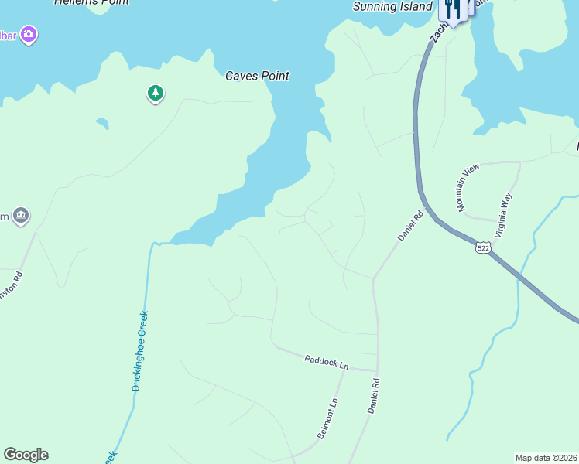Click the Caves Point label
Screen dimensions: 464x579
tap(257, 76)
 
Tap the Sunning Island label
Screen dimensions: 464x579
tap(392, 7)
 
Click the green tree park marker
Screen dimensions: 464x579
tap(156, 94)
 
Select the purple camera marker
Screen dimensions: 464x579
tap(29, 34)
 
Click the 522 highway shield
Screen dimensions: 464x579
tap(484, 247)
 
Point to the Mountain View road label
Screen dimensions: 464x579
tap(468, 188)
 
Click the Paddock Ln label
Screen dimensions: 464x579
tap(327, 361)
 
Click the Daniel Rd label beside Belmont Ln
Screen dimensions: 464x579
tap(373, 394)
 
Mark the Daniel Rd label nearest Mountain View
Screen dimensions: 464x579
tap(411, 225)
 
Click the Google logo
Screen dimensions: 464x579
tap(26, 455)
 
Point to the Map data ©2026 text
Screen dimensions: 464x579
tap(546, 458)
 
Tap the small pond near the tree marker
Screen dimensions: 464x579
tap(101, 123)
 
